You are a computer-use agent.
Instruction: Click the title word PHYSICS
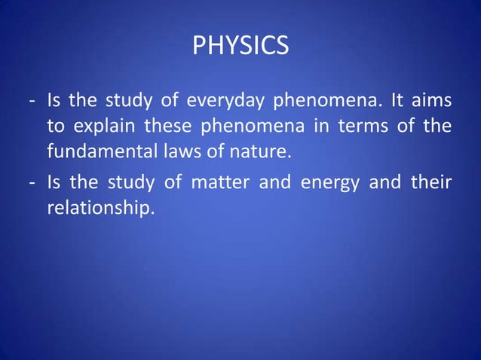(240, 47)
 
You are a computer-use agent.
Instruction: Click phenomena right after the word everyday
(320, 100)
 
